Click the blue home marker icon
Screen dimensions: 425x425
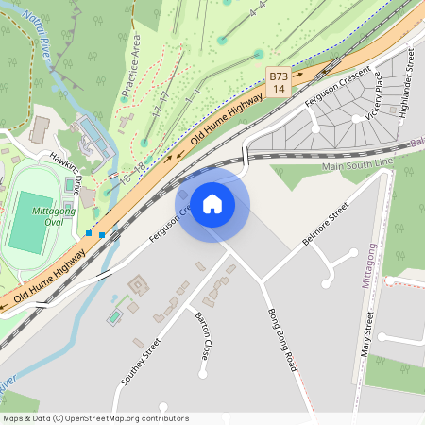point(212,204)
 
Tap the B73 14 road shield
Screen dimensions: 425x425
point(278,82)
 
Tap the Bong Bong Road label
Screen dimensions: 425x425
point(281,338)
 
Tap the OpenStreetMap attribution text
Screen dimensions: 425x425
point(94,417)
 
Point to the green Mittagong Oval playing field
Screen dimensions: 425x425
point(32,223)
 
